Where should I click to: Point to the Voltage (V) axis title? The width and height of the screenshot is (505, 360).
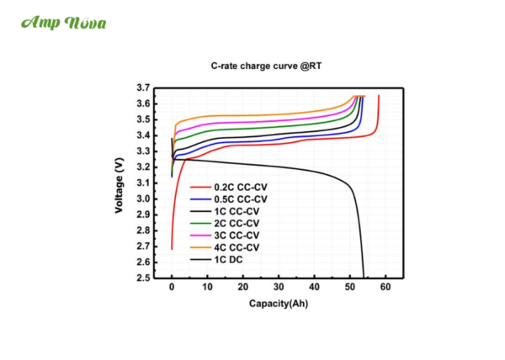[120, 183]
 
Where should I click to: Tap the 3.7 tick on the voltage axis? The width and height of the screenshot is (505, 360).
[143, 87]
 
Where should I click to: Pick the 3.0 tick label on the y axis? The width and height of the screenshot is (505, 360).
[143, 199]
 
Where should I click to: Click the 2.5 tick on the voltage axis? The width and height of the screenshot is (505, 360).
[143, 278]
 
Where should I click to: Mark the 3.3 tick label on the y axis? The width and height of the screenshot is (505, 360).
[143, 151]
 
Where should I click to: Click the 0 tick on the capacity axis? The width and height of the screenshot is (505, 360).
[172, 288]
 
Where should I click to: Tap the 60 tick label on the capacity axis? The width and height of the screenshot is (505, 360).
[385, 288]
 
